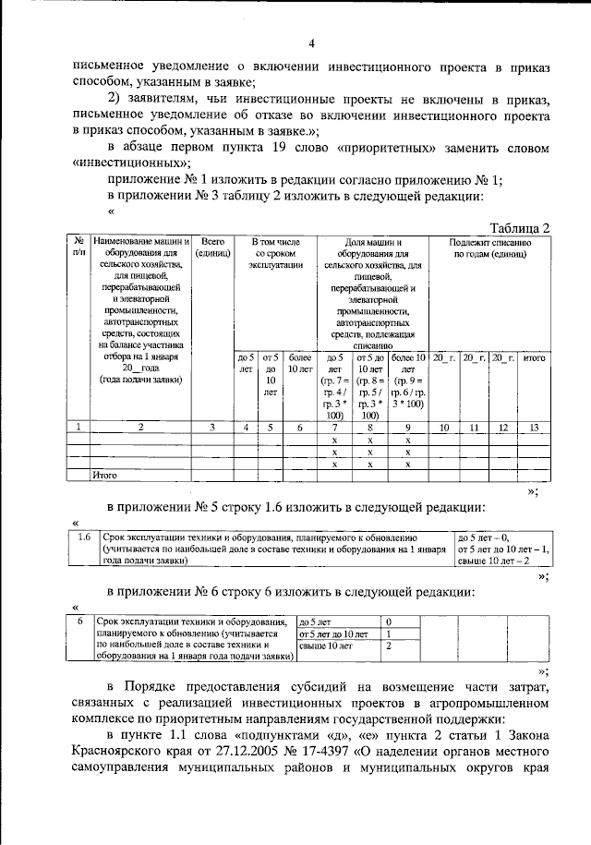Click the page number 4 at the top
311,43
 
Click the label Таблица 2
520,228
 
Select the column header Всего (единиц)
213,247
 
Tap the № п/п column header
79,247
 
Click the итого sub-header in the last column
533,356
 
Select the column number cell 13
533,427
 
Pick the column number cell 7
335,427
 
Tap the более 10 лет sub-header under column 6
299,363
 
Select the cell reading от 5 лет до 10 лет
333,634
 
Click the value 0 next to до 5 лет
389,622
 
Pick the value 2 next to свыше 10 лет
389,647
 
